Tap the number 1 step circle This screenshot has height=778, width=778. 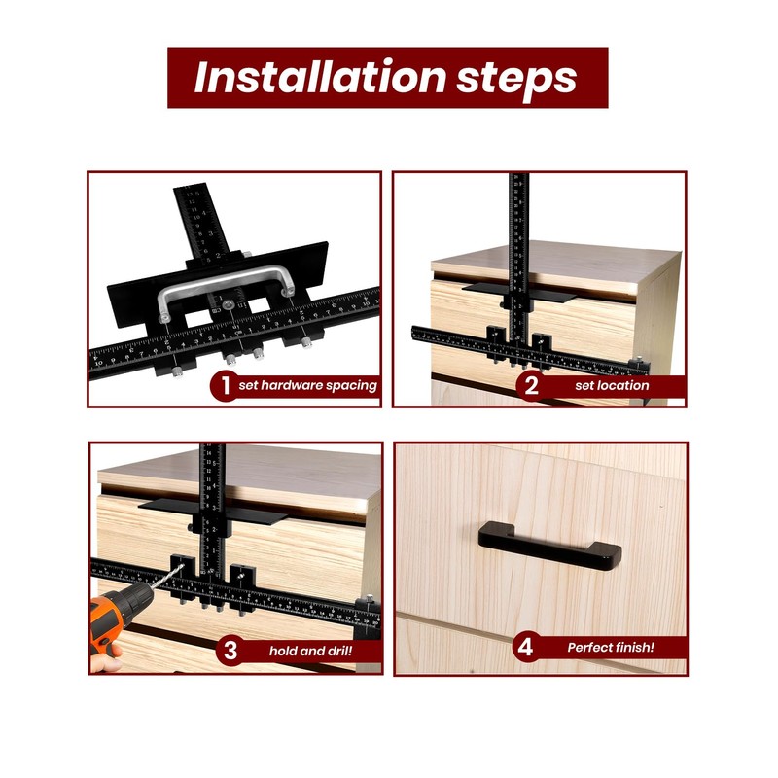(x=225, y=385)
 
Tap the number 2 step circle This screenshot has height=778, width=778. (x=531, y=385)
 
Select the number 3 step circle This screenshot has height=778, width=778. (x=230, y=651)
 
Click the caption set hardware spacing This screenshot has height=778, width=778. (x=307, y=386)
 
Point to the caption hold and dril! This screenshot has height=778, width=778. (x=310, y=651)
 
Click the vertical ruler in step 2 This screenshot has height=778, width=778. (x=519, y=243)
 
